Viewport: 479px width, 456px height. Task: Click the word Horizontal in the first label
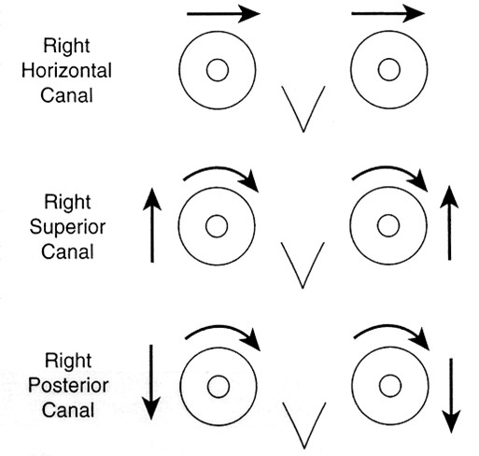click(x=66, y=70)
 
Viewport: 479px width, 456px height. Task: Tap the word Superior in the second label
click(x=67, y=227)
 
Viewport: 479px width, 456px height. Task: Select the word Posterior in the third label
click(x=68, y=385)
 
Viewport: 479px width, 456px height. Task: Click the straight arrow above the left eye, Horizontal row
click(x=223, y=14)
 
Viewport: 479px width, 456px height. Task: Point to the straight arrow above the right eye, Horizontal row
click(x=388, y=13)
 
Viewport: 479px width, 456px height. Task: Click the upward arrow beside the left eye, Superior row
click(x=152, y=225)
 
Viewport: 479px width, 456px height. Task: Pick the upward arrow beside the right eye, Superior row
click(x=449, y=222)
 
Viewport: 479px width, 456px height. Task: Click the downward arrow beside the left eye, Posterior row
click(x=151, y=382)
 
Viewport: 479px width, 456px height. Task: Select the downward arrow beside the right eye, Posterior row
click(x=451, y=396)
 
